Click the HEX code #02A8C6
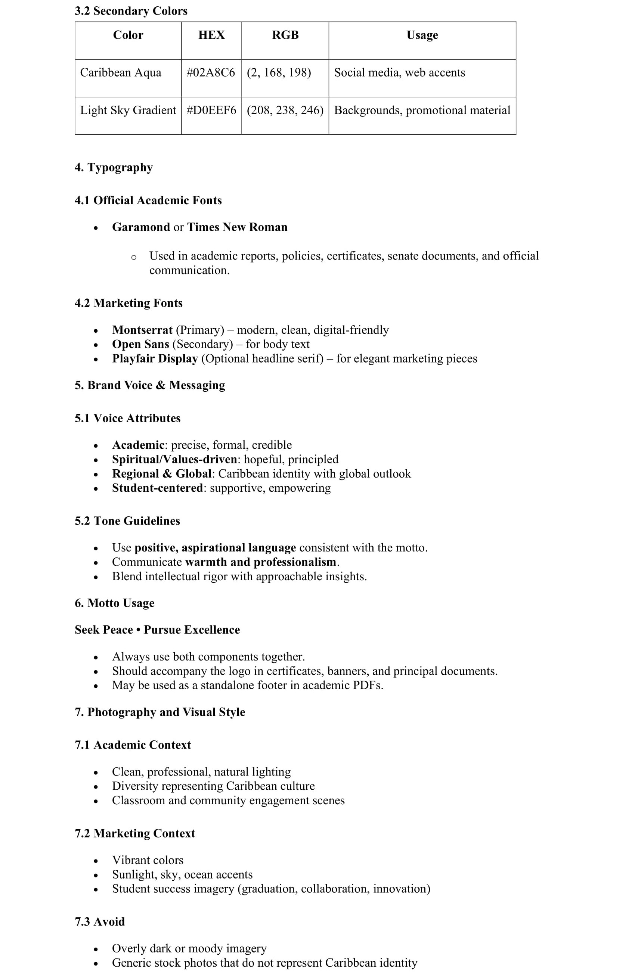(x=211, y=73)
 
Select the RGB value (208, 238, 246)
(x=285, y=111)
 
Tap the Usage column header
(x=422, y=35)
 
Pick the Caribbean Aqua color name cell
(x=121, y=73)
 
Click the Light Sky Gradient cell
(x=128, y=111)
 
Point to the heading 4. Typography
(x=114, y=168)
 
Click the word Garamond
(x=141, y=227)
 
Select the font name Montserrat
(x=142, y=330)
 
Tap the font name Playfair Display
(x=155, y=358)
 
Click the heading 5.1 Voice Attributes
(x=128, y=418)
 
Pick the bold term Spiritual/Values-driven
(x=174, y=460)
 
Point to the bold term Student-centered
(x=157, y=488)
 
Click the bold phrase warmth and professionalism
(x=261, y=562)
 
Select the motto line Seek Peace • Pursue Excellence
(x=157, y=630)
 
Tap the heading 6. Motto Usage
(x=115, y=603)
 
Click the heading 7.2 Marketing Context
(x=135, y=834)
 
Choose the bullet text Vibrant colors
(x=148, y=860)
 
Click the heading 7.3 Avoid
(x=100, y=922)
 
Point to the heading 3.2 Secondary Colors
(x=131, y=11)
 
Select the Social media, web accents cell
(x=399, y=73)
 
